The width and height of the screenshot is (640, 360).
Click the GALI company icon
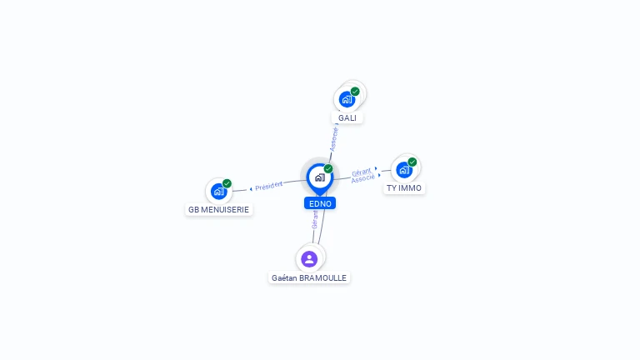[x=347, y=100]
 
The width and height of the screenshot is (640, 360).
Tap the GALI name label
[x=347, y=118]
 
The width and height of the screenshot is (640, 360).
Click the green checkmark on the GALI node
[x=355, y=92]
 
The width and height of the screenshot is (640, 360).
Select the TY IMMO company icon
[x=404, y=170]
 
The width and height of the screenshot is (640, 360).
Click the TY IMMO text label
[x=404, y=188]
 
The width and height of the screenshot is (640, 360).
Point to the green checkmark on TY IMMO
[x=412, y=162]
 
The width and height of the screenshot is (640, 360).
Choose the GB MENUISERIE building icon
[x=219, y=192]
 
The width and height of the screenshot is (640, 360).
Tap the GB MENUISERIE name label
[x=219, y=210]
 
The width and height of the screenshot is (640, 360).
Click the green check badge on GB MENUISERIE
[x=227, y=183]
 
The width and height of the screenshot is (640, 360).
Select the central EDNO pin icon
[x=320, y=178]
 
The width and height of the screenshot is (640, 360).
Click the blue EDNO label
[x=320, y=203]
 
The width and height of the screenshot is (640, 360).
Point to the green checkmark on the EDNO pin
[x=328, y=168]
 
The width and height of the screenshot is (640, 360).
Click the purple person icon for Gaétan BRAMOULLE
[x=309, y=259]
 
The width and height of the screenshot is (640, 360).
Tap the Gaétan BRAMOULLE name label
[x=309, y=278]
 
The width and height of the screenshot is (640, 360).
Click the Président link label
[x=268, y=186]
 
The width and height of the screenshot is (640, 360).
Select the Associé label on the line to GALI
[x=334, y=139]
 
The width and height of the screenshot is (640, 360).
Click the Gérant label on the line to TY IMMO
[x=362, y=172]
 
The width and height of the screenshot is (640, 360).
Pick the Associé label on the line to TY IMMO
[x=362, y=179]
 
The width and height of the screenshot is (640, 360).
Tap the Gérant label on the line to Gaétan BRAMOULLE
[x=315, y=220]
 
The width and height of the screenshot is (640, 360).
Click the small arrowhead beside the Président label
[x=251, y=189]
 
